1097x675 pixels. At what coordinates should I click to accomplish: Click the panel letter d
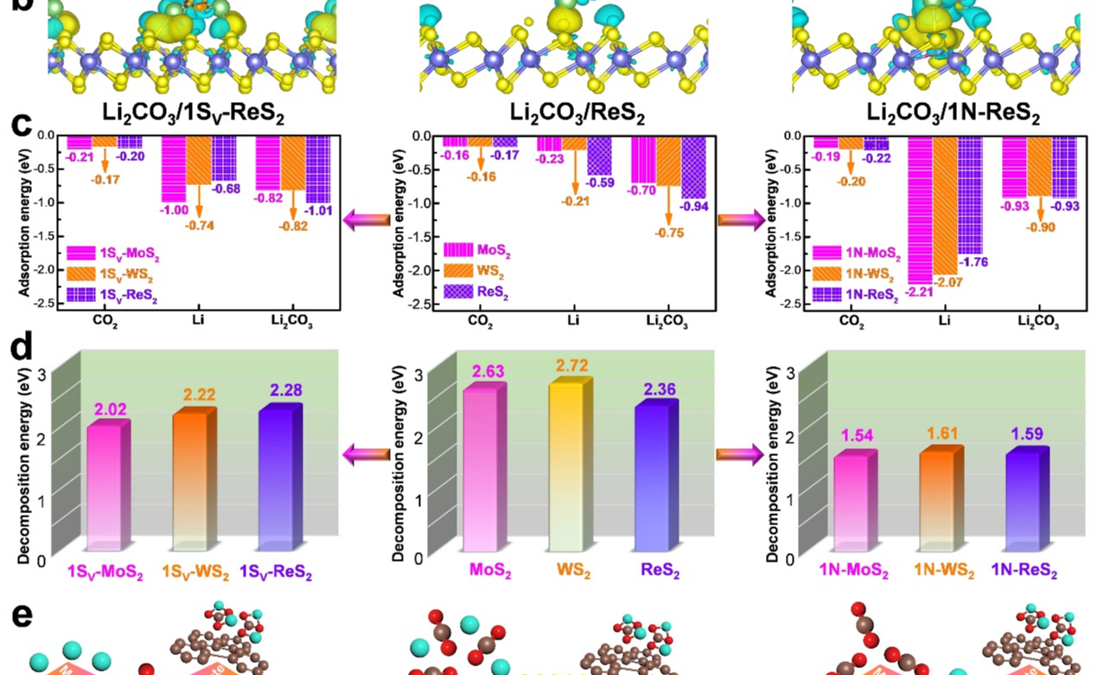click(x=22, y=349)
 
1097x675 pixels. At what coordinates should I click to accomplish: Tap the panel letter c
click(x=23, y=125)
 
